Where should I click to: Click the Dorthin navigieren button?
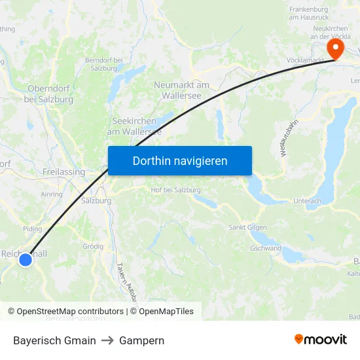coord(180,160)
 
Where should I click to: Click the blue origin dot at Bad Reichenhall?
coord(25,260)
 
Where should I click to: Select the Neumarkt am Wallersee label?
coord(181,90)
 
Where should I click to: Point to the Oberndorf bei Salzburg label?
coord(48,94)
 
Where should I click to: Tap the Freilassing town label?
coord(63,172)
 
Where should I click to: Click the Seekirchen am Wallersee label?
coord(134,126)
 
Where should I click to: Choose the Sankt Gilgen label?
coord(246,227)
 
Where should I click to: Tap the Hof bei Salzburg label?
coord(175,190)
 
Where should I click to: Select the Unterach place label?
coord(307,201)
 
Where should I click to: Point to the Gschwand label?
coord(265,249)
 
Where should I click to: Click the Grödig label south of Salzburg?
coord(93,247)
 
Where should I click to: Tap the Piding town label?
coord(32,229)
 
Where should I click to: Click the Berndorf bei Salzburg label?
coord(105,64)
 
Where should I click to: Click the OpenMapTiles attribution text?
coord(166,312)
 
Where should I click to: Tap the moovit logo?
coord(320,340)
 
